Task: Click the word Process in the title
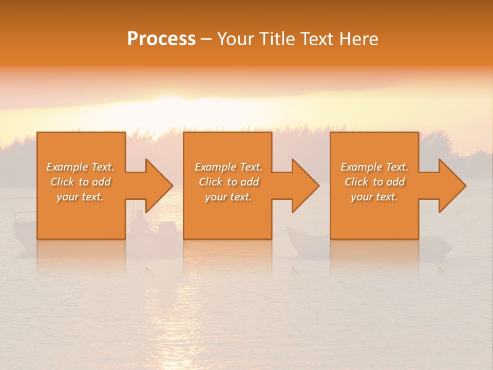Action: (161, 39)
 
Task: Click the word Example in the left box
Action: (67, 167)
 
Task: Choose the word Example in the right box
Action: (362, 167)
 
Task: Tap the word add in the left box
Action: (101, 182)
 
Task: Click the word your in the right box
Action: (362, 197)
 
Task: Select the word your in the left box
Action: (68, 197)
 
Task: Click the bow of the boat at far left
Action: (18, 221)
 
